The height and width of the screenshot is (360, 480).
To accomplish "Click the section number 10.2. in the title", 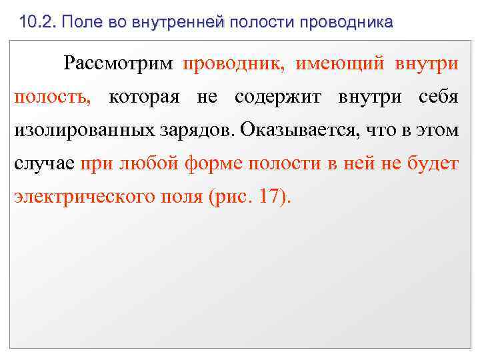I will pyautogui.click(x=38, y=22).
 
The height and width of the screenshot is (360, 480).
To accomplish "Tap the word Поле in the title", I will pyautogui.click(x=81, y=22).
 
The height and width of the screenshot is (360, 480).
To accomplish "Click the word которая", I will pyautogui.click(x=145, y=97).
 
